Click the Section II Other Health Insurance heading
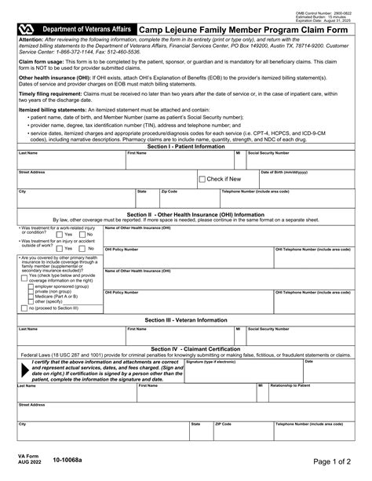[x=185, y=213]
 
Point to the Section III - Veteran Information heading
[x=185, y=320]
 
